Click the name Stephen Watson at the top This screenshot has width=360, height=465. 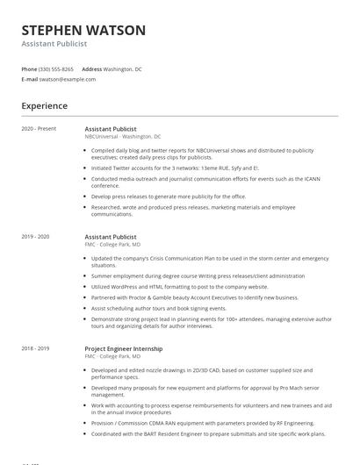(83, 30)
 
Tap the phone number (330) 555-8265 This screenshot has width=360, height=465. (57, 68)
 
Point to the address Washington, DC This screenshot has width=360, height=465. (122, 68)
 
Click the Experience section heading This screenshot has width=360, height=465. (44, 106)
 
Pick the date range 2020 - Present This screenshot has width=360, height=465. (39, 129)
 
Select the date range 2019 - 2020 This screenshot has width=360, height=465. (36, 237)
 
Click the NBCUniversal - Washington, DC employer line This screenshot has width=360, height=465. (123, 137)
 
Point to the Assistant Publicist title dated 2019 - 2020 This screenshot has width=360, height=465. (111, 237)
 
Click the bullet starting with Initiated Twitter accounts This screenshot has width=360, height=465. (162, 168)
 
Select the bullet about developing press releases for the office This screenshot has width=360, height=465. (169, 197)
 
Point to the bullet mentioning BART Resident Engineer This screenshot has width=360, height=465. (207, 433)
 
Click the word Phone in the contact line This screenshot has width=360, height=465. (29, 68)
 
